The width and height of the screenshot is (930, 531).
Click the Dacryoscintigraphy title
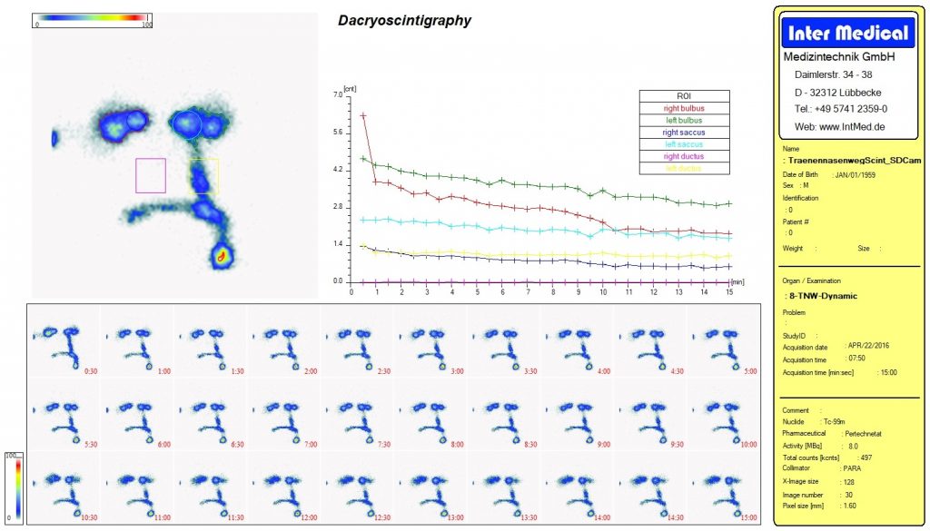404,20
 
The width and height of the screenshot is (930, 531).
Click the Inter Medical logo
846,34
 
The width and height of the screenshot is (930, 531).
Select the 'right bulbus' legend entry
684,108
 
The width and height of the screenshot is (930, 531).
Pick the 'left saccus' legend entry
684,144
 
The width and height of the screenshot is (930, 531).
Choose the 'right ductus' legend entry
684,156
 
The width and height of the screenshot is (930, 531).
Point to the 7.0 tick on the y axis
338,94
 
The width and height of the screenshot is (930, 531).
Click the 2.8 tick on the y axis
338,207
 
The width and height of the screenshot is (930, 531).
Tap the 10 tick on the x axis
604,292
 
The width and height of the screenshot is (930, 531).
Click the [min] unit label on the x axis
737,282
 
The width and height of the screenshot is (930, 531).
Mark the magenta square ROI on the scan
151,175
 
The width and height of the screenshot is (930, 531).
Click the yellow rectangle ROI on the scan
204,176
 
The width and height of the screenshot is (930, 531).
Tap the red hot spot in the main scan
221,257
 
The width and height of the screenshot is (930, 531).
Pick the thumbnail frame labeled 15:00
725,488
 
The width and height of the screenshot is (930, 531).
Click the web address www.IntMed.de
839,126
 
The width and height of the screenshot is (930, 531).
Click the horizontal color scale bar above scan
91,17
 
